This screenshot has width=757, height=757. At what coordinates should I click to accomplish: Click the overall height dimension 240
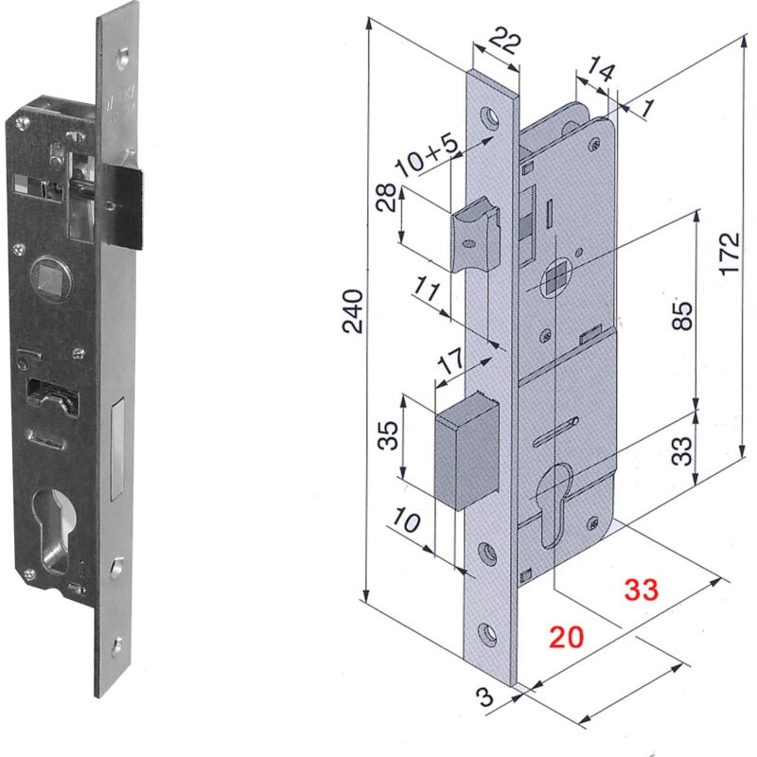(352, 310)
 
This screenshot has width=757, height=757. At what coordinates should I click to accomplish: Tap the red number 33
(641, 589)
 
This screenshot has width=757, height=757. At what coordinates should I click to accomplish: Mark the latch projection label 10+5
(426, 153)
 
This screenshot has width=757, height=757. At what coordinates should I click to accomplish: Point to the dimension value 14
(600, 67)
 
